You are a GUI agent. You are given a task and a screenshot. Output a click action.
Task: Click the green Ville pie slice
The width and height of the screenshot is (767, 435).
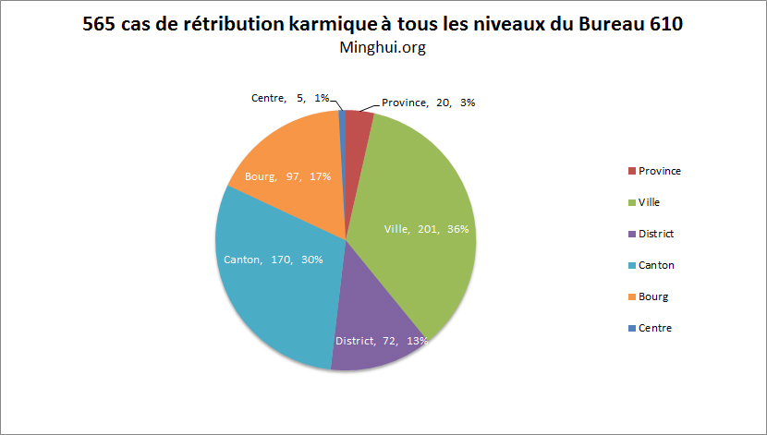pos(420,194)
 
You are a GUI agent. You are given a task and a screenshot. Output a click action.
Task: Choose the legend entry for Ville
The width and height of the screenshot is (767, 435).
pos(650,202)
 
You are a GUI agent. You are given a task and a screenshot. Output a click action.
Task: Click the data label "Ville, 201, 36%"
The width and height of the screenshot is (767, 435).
pos(426,228)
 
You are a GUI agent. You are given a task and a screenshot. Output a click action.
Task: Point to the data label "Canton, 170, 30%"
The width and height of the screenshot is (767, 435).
pos(274,260)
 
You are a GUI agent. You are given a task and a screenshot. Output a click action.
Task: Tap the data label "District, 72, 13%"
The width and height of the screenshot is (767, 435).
pos(381,341)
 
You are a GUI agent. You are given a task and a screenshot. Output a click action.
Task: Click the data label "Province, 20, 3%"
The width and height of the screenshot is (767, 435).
pos(428,103)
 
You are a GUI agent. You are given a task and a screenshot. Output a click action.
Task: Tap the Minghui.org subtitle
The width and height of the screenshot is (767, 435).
pos(383,48)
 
